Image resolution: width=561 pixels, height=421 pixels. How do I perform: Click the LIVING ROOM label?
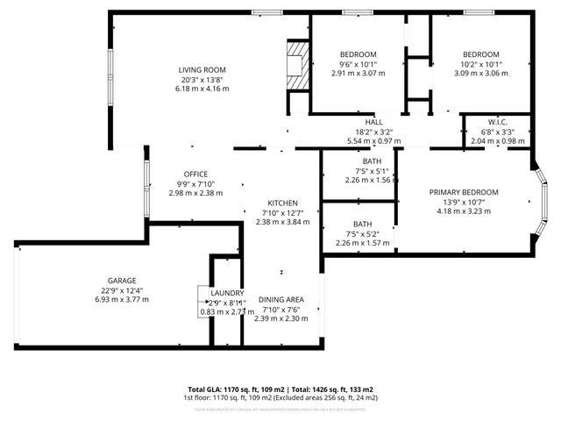coord(202,70)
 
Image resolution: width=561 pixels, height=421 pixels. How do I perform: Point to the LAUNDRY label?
coord(226,293)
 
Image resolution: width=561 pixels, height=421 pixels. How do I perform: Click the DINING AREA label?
coord(281,301)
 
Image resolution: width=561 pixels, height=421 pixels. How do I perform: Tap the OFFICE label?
coord(195,174)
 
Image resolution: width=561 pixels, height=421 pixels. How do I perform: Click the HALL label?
coord(374,123)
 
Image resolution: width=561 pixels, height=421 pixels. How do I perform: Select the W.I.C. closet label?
coord(498,123)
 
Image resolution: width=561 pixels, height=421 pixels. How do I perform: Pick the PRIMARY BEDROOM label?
coord(464,192)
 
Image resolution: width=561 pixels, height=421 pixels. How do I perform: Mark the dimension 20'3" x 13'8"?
coord(202,80)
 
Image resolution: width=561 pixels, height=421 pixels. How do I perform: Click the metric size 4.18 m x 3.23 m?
coord(464,211)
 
